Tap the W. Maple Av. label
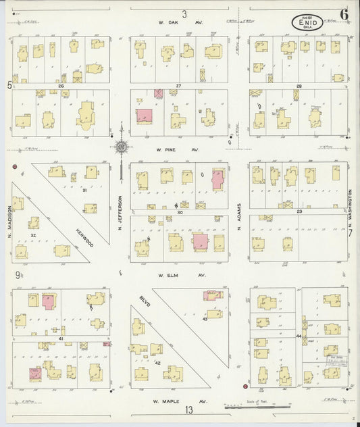pos(179,401)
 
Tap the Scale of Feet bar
pos(257,407)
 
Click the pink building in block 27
pos(145,116)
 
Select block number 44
pos(298,335)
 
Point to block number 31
pos(85,191)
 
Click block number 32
pos(33,235)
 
